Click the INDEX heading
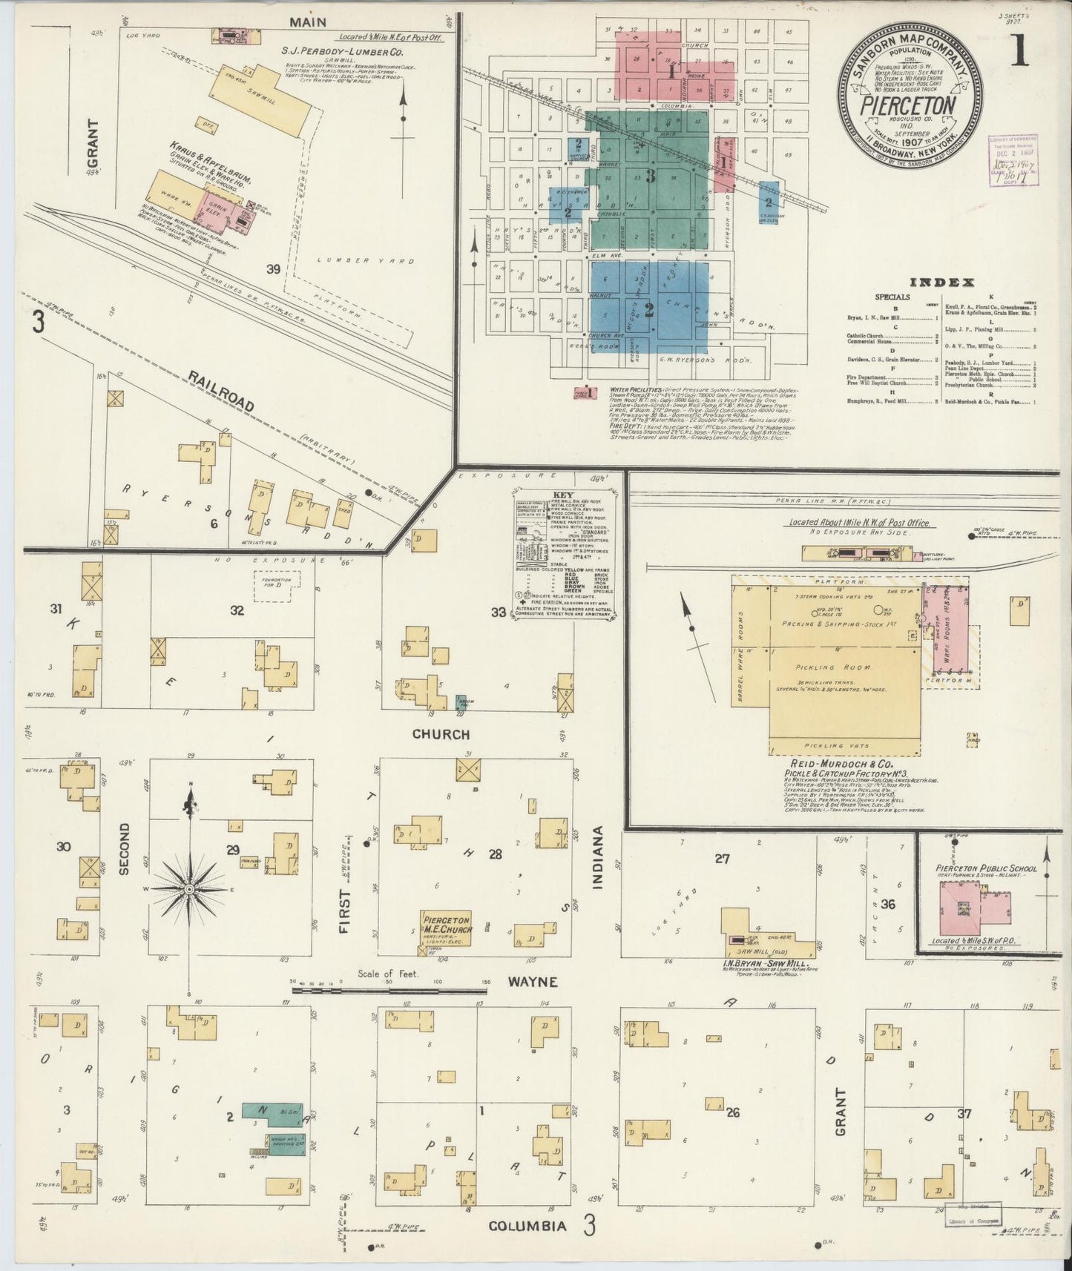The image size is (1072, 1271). pyautogui.click(x=941, y=282)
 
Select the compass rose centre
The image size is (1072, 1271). pyautogui.click(x=190, y=888)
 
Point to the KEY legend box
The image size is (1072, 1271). pyautogui.click(x=565, y=559)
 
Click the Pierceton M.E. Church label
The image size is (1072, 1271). pyautogui.click(x=446, y=925)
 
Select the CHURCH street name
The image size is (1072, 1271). pyautogui.click(x=441, y=734)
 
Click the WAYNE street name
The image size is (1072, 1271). pyautogui.click(x=532, y=982)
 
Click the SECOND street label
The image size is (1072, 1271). pyautogui.click(x=123, y=848)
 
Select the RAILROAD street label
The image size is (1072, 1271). pyautogui.click(x=221, y=392)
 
